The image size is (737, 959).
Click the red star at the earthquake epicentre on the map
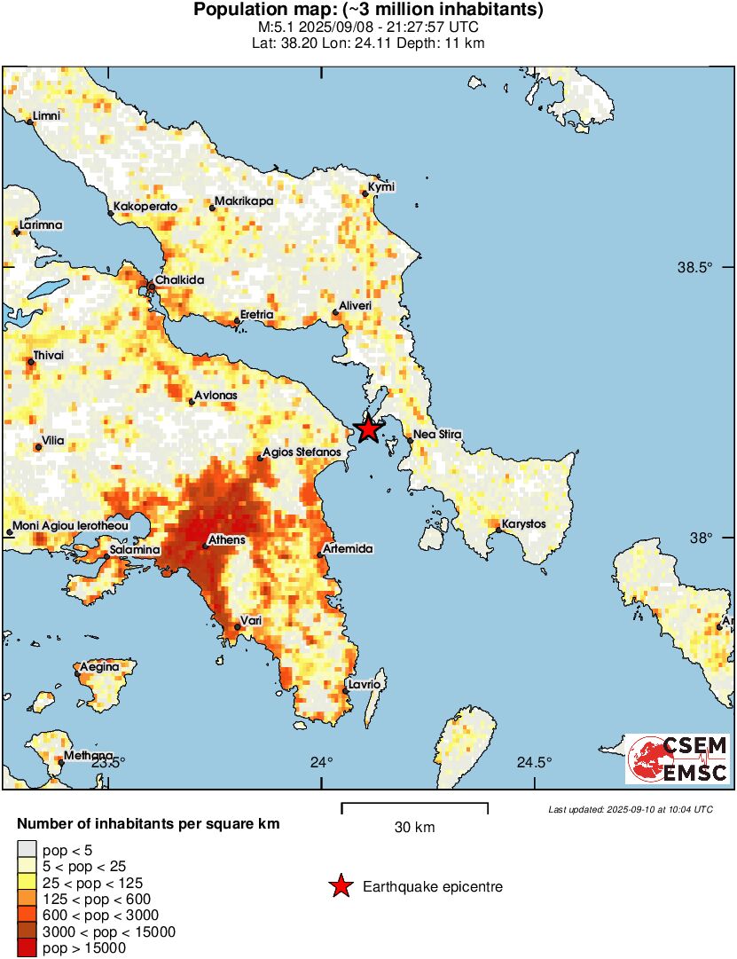368,429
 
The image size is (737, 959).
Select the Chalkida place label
180,280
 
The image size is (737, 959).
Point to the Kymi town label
380,186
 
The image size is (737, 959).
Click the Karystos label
523,524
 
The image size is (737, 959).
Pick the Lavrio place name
365,685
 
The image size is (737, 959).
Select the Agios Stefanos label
302,452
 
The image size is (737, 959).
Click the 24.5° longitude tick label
535,762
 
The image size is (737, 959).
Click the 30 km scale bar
414,808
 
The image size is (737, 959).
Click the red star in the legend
340,886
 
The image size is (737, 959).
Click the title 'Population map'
368,11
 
